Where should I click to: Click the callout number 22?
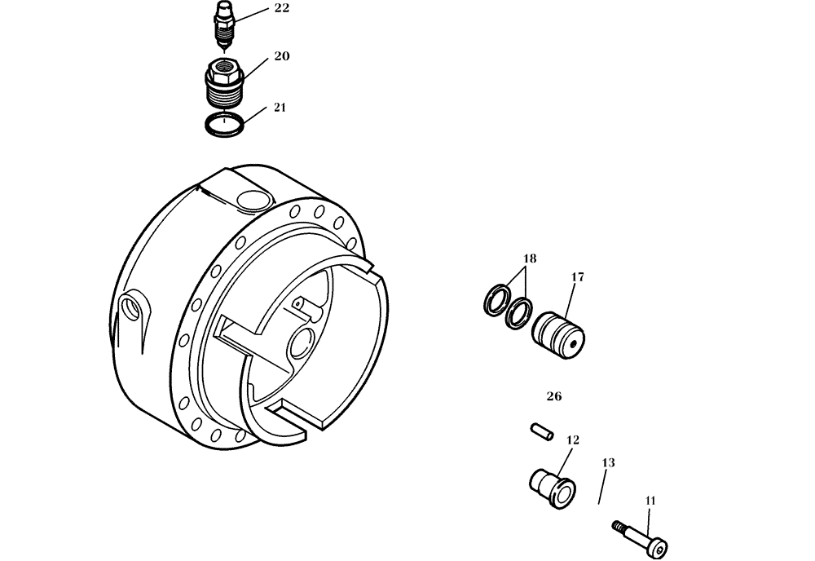click(281, 8)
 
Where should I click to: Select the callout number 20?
click(281, 56)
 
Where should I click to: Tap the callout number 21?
click(281, 108)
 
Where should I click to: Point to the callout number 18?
click(529, 258)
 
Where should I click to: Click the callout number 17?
click(577, 277)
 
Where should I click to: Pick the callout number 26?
click(554, 397)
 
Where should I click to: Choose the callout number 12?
click(572, 440)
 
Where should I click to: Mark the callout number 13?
click(608, 463)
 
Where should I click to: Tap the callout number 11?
click(650, 501)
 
